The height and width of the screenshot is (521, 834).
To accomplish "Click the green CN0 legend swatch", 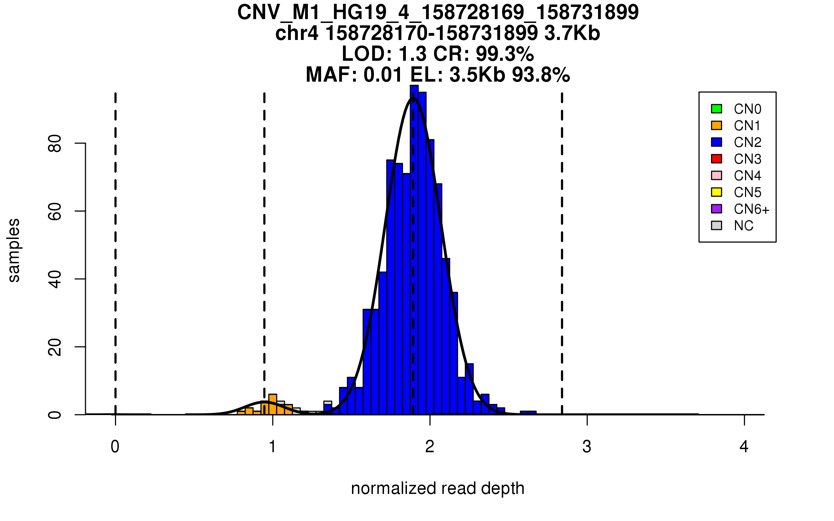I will [x=717, y=109].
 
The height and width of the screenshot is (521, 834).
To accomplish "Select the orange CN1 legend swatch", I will [x=717, y=125].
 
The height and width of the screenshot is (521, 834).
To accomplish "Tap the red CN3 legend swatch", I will [x=717, y=159].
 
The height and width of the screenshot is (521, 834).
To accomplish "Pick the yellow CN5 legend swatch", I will [x=717, y=192].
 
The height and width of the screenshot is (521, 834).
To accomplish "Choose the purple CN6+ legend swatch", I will [x=717, y=209].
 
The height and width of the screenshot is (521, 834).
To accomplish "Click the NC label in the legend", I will [x=743, y=226].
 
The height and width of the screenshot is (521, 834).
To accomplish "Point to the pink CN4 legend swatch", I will [x=717, y=175].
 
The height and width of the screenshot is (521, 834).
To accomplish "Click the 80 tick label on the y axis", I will [x=55, y=143].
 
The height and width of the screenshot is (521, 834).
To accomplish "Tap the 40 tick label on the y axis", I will [x=55, y=279].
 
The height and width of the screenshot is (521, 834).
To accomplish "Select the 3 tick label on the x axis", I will [x=587, y=447].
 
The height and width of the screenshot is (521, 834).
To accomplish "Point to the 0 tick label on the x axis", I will [x=115, y=447].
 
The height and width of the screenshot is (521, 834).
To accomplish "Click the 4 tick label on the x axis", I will [x=744, y=447].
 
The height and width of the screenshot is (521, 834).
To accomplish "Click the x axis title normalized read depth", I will [x=438, y=488].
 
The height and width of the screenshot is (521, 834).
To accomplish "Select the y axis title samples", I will [x=14, y=250].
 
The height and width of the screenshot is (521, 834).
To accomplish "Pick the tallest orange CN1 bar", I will [x=273, y=405].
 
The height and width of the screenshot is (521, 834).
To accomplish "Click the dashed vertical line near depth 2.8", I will [x=562, y=243].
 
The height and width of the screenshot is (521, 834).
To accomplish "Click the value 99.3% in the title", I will [x=505, y=54].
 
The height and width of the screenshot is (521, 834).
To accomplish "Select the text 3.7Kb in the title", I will [x=572, y=33].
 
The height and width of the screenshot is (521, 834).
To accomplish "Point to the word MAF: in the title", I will [x=331, y=75].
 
